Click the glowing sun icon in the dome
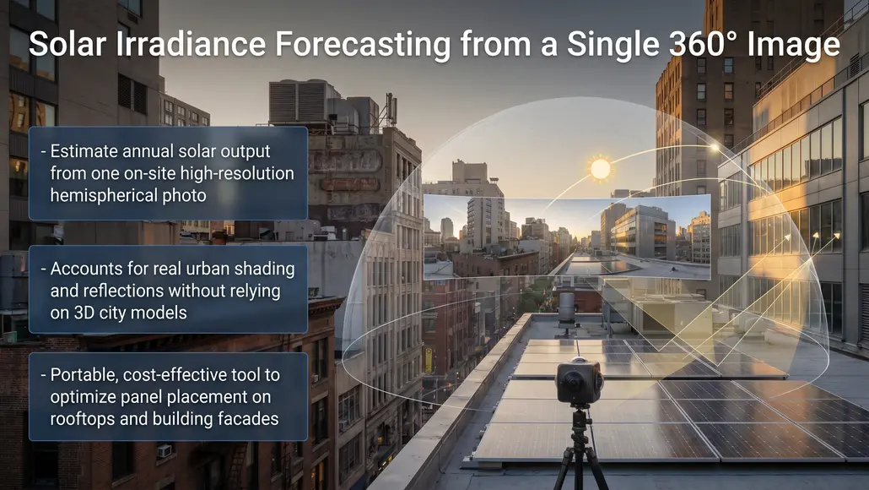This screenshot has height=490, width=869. [600, 168]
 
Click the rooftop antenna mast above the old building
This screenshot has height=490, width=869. [389, 110]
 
